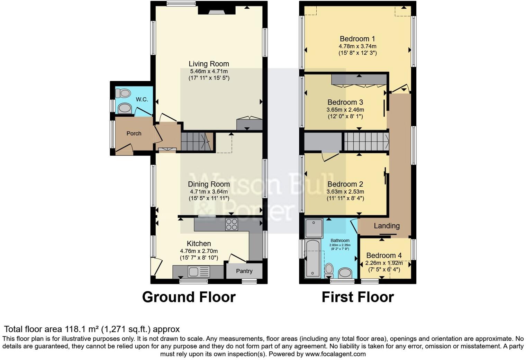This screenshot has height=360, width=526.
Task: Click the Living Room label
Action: [209, 64]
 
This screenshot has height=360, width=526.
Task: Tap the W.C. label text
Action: [142, 99]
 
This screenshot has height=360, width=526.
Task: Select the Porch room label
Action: [134, 133]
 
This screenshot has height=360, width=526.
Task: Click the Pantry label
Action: [244, 271]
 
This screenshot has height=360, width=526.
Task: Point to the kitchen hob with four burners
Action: [232, 225]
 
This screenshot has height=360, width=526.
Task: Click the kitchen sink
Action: [199, 271]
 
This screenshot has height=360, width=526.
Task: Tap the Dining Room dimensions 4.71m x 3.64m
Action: [209, 191]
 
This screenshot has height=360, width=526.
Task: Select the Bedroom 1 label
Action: [357, 39]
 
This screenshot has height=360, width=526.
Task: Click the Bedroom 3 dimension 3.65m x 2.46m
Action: [345, 110]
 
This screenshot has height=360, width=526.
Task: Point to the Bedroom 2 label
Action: [345, 184]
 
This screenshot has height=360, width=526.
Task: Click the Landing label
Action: [387, 226]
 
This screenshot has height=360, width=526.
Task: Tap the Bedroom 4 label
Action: [384, 255]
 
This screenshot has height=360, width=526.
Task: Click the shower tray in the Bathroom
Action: [314, 228]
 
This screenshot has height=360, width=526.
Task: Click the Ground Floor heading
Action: [189, 297]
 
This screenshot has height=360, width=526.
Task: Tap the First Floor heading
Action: [357, 297]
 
